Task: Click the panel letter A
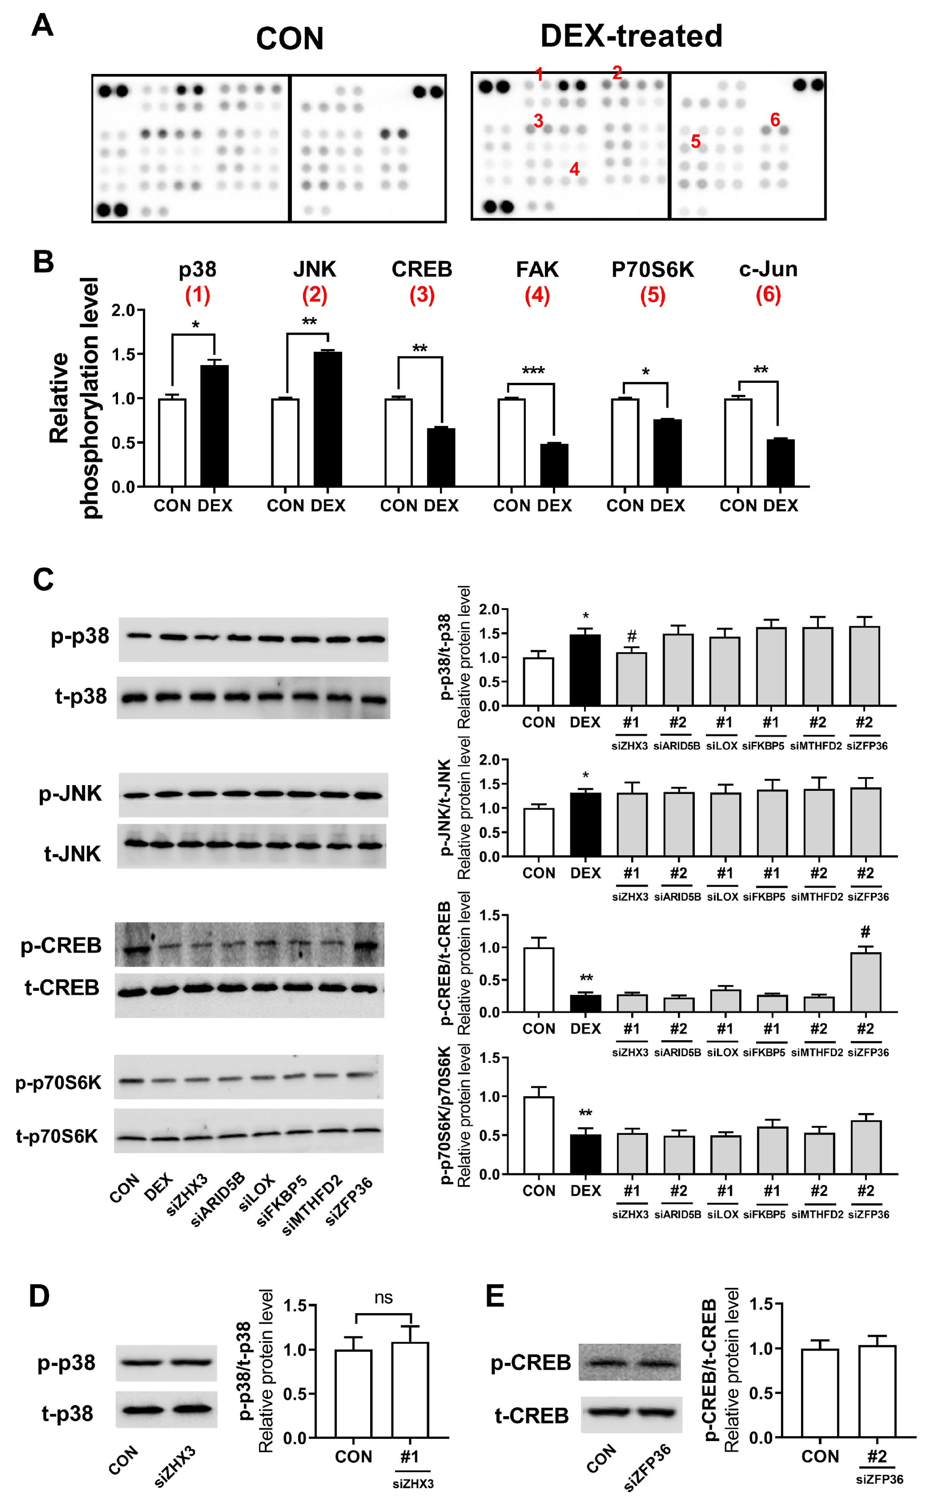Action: [42, 26]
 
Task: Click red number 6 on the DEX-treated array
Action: [775, 120]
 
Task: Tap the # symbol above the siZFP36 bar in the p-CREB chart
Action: [865, 932]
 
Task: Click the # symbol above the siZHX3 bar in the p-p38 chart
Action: [632, 636]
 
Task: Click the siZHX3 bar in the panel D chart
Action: [410, 1390]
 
